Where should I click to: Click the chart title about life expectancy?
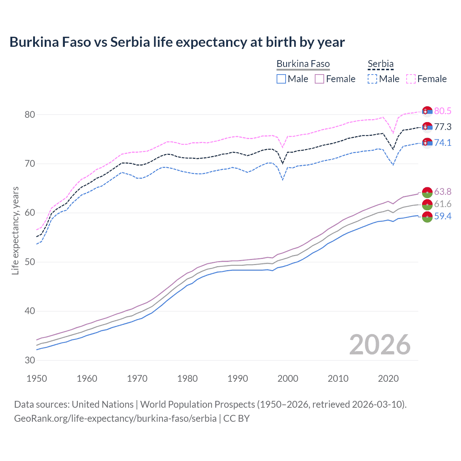point(177,42)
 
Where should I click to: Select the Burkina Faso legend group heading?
point(303,64)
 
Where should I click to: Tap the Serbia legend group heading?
point(380,64)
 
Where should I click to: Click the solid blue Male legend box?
point(281,79)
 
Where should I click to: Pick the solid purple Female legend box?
point(319,79)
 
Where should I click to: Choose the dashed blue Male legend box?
point(372,79)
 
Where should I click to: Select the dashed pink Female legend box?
point(411,79)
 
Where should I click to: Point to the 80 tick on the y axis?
point(30,115)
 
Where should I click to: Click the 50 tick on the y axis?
point(30,262)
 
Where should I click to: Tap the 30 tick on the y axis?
point(30,360)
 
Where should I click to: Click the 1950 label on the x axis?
point(37,379)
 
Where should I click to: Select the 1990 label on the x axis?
point(238,379)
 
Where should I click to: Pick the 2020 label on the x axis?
point(388,379)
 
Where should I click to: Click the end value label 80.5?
point(443,111)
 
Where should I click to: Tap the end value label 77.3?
point(443,127)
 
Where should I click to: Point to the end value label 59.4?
point(443,216)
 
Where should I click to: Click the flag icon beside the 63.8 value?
point(427,192)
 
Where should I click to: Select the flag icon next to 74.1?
point(427,143)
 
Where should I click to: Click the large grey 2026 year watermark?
point(380,345)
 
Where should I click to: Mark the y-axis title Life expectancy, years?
point(15,230)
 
